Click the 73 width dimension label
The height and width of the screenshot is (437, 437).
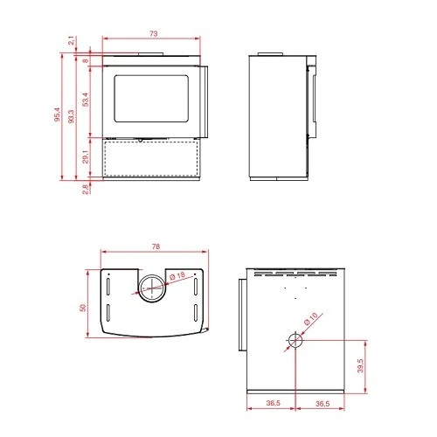pyautogui.click(x=154, y=33)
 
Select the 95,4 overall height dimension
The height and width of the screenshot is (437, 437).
pyautogui.click(x=57, y=115)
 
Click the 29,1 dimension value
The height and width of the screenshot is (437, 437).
pyautogui.click(x=86, y=157)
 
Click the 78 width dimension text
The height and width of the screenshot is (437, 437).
pyautogui.click(x=155, y=247)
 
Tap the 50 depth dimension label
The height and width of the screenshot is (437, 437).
pyautogui.click(x=83, y=308)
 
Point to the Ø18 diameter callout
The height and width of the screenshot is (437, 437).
pyautogui.click(x=177, y=277)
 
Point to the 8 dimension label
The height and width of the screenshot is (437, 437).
pyautogui.click(x=86, y=61)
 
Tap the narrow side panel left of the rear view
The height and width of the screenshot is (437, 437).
pyautogui.click(x=238, y=315)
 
